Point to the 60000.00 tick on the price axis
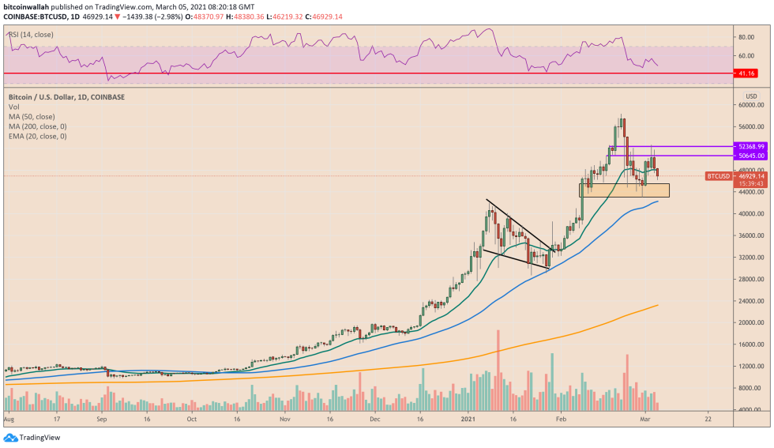click(x=749, y=104)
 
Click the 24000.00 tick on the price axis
click(x=749, y=301)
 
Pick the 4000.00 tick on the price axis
click(x=749, y=410)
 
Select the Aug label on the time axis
click(x=9, y=419)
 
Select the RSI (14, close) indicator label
click(x=29, y=35)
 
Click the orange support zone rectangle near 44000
click(x=624, y=190)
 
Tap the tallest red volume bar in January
click(x=498, y=370)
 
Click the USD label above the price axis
click(x=751, y=96)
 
